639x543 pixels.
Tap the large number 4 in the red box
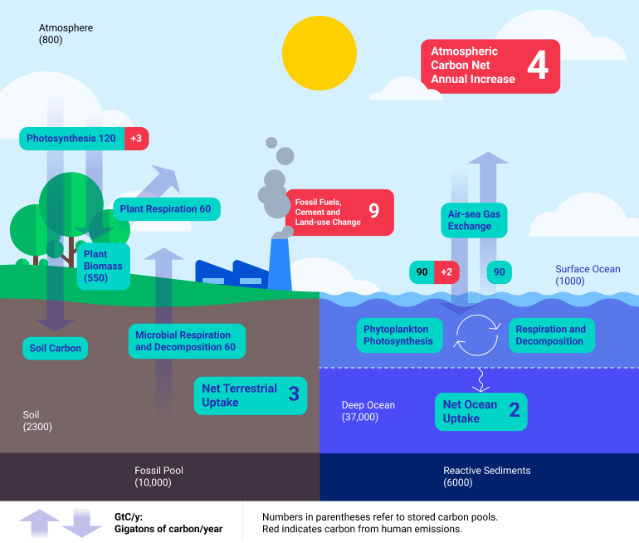click(x=537, y=66)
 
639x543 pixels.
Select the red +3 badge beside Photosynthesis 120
click(x=136, y=139)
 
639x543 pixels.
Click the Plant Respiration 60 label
click(x=166, y=209)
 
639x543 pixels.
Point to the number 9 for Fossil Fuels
click(x=373, y=211)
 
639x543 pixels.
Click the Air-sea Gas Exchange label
click(x=474, y=220)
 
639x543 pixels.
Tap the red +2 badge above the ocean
click(x=446, y=272)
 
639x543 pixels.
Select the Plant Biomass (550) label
click(x=102, y=267)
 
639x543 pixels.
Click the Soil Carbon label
click(x=56, y=348)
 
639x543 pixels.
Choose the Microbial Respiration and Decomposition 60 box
click(x=186, y=341)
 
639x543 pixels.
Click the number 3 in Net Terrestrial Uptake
click(x=293, y=394)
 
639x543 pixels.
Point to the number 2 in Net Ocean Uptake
click(x=514, y=410)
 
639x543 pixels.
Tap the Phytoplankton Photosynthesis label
click(x=398, y=335)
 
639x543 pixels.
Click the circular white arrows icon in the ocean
click(x=479, y=335)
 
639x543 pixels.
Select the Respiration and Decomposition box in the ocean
click(x=550, y=335)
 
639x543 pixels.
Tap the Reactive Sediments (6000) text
click(x=486, y=477)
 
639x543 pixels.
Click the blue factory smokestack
click(x=280, y=262)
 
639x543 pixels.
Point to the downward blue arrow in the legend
click(x=81, y=523)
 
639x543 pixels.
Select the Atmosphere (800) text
click(x=66, y=34)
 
